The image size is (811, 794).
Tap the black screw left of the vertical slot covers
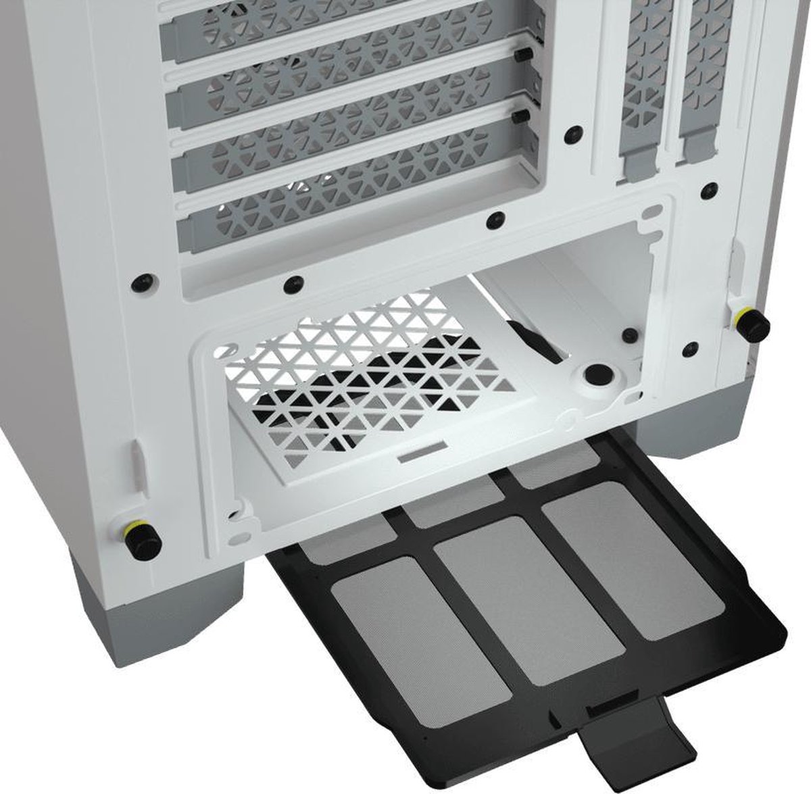(x=574, y=131)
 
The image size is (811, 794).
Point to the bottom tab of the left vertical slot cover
(x=640, y=164)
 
